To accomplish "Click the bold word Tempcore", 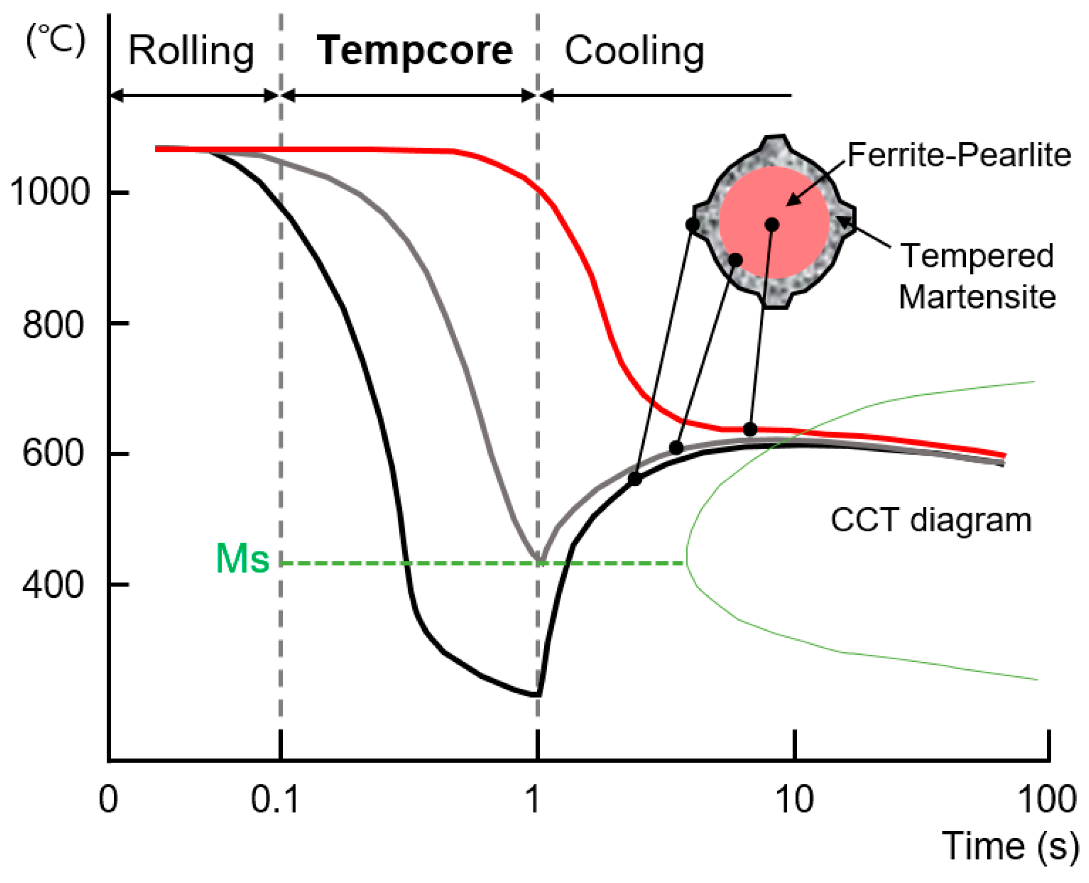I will [415, 50].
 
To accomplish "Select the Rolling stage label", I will [191, 51].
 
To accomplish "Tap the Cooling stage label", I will [634, 51].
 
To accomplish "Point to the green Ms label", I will [242, 559].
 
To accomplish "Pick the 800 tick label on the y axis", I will [53, 324].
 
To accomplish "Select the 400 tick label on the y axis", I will [53, 584].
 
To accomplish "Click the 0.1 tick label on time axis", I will [275, 799].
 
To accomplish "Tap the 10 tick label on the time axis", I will [794, 799].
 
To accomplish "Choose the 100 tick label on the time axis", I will [1047, 799].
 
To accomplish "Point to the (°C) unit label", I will [56, 40].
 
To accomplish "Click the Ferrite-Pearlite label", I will [959, 155].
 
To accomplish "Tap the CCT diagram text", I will [931, 520].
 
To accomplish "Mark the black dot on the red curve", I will [750, 429].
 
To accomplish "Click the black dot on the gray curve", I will [677, 448].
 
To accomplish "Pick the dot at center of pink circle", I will [772, 224].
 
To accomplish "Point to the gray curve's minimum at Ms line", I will [540, 561].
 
